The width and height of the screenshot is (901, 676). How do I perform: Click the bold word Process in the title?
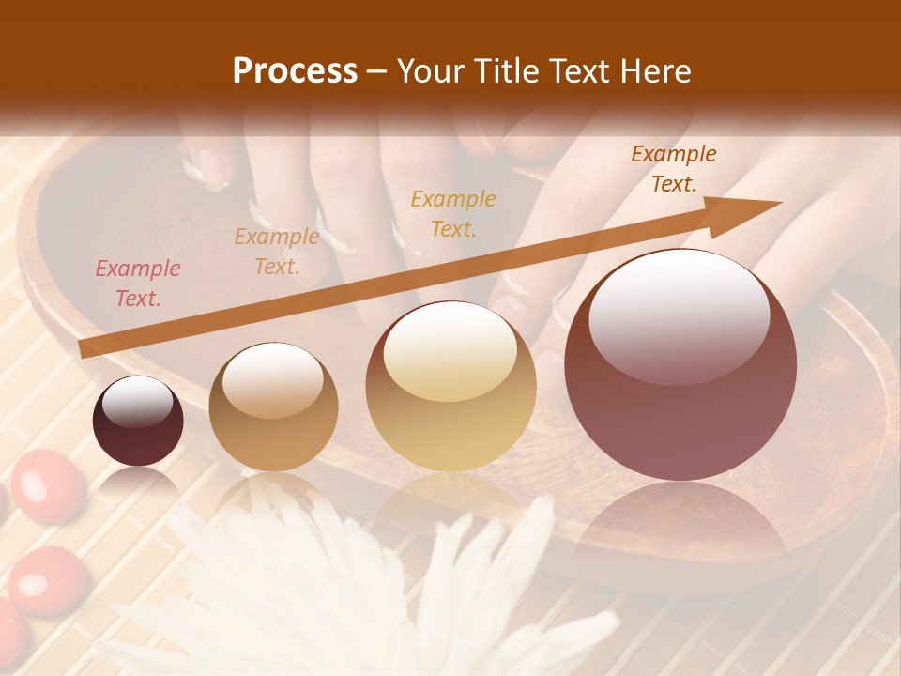pyautogui.click(x=295, y=71)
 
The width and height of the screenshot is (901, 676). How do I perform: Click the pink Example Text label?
pyautogui.click(x=138, y=284)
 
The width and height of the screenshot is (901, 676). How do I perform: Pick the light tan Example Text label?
pyautogui.click(x=277, y=252)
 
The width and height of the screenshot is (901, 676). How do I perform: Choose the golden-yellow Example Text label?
pyautogui.click(x=453, y=213)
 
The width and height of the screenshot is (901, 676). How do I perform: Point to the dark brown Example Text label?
pyautogui.click(x=674, y=169)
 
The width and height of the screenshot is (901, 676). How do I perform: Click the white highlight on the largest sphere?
pyautogui.click(x=679, y=315)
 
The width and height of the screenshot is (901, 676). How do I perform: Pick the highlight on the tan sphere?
pyautogui.click(x=273, y=380)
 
